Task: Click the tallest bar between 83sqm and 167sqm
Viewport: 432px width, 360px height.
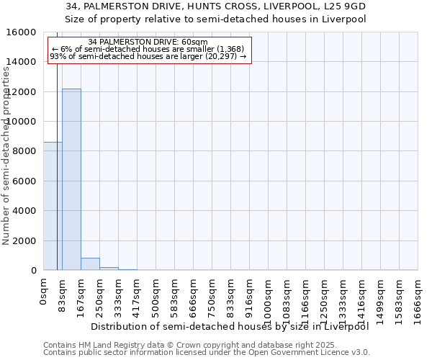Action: click(71, 179)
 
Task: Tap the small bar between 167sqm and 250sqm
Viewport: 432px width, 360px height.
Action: click(90, 264)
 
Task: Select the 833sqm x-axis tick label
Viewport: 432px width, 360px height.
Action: click(231, 297)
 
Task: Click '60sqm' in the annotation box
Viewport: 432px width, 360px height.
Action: click(194, 42)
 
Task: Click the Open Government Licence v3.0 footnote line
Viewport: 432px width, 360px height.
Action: click(207, 352)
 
